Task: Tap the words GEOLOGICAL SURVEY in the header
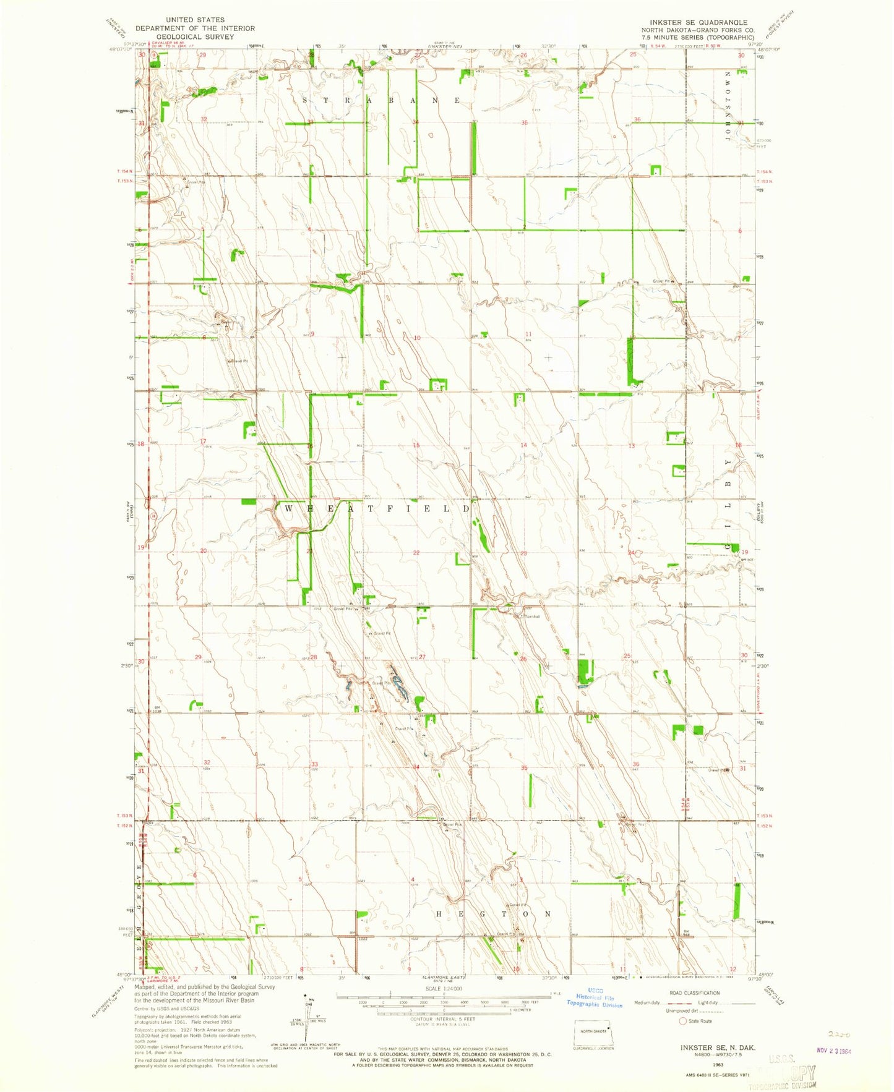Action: click(x=195, y=36)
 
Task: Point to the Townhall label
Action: click(x=532, y=616)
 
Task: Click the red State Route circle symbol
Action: click(x=684, y=1021)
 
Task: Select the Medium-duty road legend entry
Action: click(x=648, y=1003)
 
